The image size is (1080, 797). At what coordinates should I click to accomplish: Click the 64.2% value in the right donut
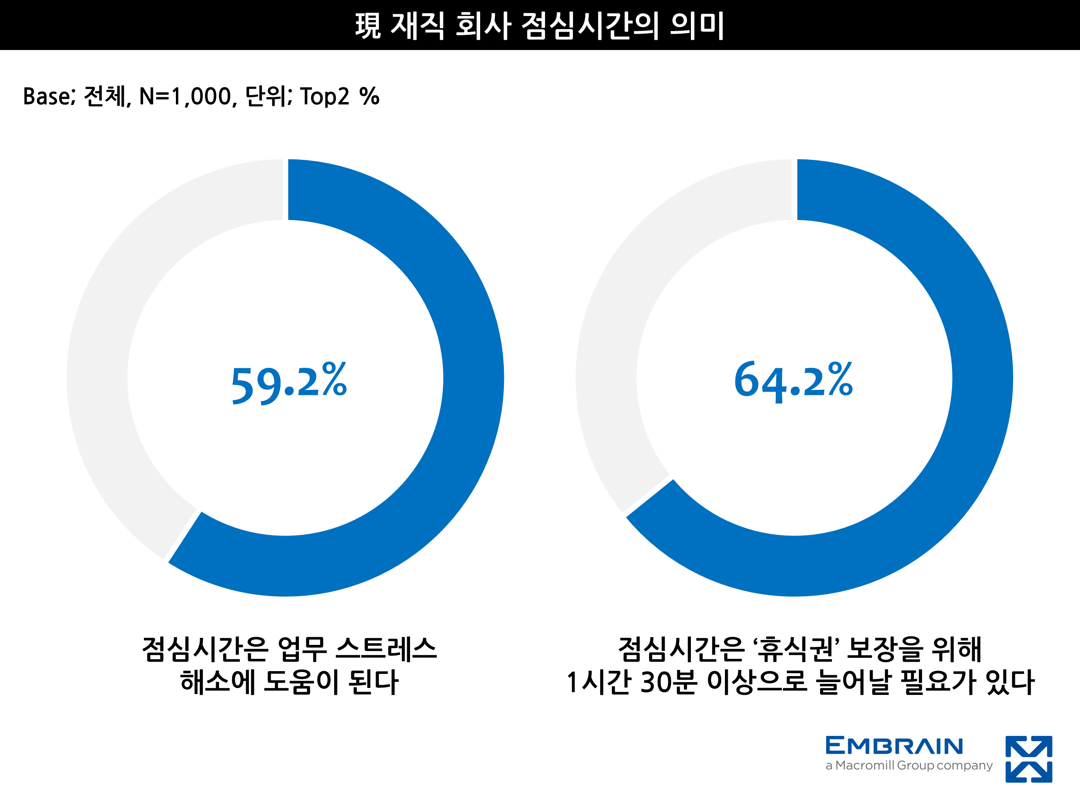[793, 381]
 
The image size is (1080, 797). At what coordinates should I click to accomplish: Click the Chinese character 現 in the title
[368, 25]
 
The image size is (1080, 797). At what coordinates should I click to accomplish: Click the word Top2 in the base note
[324, 96]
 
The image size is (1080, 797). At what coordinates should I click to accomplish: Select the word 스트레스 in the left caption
[386, 649]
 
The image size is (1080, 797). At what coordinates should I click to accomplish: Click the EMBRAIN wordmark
[894, 746]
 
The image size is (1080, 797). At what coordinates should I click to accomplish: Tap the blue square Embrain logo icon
[1028, 759]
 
